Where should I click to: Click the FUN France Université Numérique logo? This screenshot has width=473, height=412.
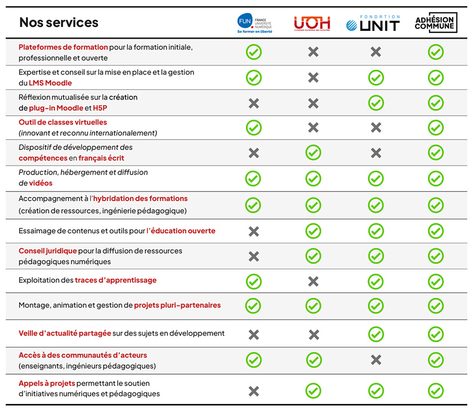click(x=254, y=23)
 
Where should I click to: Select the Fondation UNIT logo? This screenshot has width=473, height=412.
click(x=373, y=23)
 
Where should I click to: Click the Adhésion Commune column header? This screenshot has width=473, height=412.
click(x=435, y=23)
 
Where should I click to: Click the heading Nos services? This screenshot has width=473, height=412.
click(x=59, y=22)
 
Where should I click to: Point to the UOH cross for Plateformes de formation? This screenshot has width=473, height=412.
click(x=313, y=51)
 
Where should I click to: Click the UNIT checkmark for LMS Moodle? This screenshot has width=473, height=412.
click(x=376, y=77)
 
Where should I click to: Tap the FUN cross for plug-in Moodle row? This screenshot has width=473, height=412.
click(x=254, y=103)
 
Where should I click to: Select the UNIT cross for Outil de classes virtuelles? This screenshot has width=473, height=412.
click(x=376, y=127)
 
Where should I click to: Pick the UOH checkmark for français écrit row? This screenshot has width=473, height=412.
click(x=313, y=153)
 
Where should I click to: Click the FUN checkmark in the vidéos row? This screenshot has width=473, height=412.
click(x=253, y=178)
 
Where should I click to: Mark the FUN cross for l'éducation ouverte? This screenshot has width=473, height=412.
click(x=254, y=231)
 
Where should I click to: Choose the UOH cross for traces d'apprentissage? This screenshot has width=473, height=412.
click(x=313, y=281)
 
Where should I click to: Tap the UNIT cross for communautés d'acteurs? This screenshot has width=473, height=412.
click(x=376, y=360)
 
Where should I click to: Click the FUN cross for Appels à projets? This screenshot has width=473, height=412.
click(x=254, y=391)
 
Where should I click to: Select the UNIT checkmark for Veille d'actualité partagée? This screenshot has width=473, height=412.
click(x=376, y=334)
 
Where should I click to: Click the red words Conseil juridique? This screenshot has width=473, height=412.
click(x=48, y=251)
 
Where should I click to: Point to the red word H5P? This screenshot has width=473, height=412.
click(x=100, y=108)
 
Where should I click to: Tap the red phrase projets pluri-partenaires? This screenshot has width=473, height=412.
click(x=177, y=305)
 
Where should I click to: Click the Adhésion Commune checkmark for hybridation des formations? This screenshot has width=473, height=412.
click(x=436, y=205)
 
